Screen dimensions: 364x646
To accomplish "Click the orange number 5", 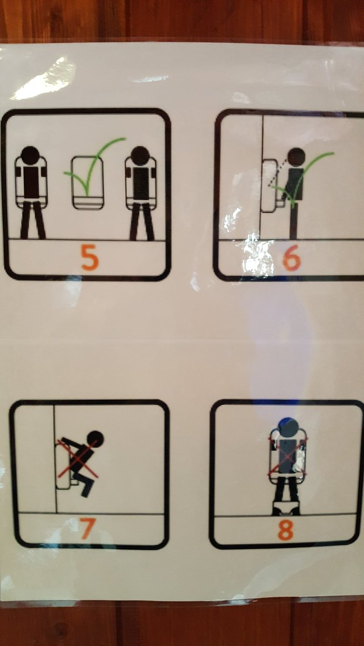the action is click(90, 257).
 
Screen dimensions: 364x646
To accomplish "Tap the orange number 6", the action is click(291, 259).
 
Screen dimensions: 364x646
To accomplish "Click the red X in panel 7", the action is click(78, 459).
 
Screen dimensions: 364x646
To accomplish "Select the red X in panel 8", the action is click(287, 456).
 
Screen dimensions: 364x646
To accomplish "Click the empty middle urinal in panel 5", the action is click(87, 182).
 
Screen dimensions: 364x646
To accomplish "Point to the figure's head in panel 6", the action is click(297, 157).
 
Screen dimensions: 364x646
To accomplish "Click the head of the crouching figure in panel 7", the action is click(95, 439).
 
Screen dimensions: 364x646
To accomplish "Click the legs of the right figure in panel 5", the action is click(142, 221).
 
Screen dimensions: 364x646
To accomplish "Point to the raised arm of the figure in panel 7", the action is click(72, 443).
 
